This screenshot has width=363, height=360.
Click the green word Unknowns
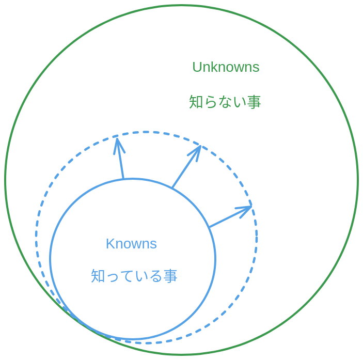226,67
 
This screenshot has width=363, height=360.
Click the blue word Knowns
131,244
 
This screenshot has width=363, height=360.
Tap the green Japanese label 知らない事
225,102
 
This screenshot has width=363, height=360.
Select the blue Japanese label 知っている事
134,276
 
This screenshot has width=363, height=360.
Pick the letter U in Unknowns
197,67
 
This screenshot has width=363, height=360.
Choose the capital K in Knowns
109,244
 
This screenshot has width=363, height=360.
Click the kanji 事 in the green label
254,102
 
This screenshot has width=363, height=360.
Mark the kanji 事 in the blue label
170,276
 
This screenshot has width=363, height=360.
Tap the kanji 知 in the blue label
98,276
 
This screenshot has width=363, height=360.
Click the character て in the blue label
127,276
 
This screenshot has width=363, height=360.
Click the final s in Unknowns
256,68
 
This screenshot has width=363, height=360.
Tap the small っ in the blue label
113,277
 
